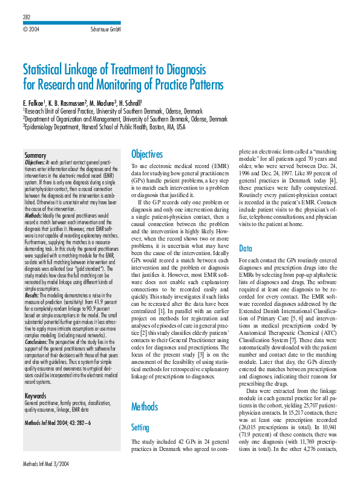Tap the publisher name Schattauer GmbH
[x=105, y=28]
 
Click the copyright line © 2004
[x=31, y=28]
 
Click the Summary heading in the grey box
[x=35, y=156]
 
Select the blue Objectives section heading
[x=147, y=154]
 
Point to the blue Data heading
[x=246, y=248]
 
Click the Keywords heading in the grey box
[x=36, y=379]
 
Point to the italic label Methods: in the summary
[x=34, y=215]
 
